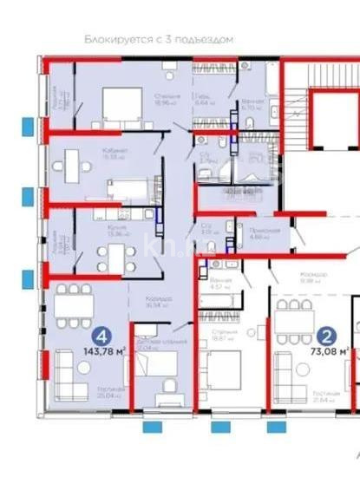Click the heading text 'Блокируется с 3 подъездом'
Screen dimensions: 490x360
[x=159, y=40]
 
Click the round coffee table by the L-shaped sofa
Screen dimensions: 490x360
[x=84, y=367]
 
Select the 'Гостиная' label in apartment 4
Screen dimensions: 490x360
[x=111, y=389]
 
